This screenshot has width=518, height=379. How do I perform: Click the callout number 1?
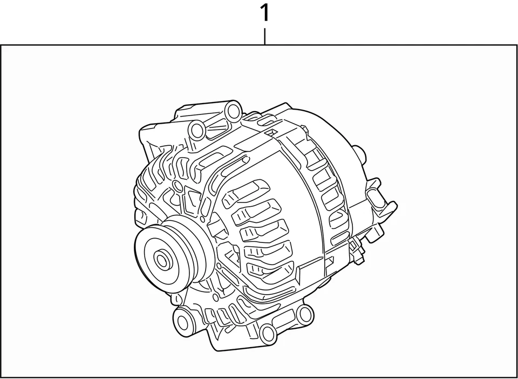[264, 13]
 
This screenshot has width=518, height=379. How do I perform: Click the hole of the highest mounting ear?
[233, 112]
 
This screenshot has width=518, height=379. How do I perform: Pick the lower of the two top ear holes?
[198, 130]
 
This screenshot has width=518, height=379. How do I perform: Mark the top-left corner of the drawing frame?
[1, 45]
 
